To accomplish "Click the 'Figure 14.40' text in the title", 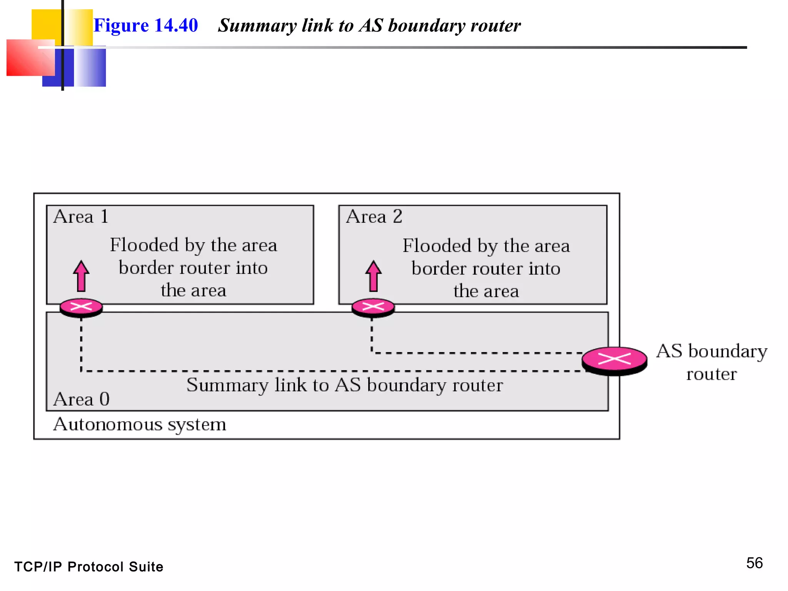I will pyautogui.click(x=145, y=25).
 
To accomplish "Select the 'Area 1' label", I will pyautogui.click(x=81, y=217).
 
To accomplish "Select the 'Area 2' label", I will pyautogui.click(x=374, y=217).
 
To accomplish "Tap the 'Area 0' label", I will pyautogui.click(x=82, y=399).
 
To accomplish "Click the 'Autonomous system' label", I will pyautogui.click(x=140, y=424).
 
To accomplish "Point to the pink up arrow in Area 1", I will pyautogui.click(x=81, y=276).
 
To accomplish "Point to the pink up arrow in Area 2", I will pyautogui.click(x=373, y=276).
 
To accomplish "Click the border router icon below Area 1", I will pyautogui.click(x=81, y=307).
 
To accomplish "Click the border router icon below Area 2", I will pyautogui.click(x=373, y=307).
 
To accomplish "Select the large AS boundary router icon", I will pyautogui.click(x=614, y=360).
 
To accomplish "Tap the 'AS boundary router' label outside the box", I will pyautogui.click(x=711, y=362).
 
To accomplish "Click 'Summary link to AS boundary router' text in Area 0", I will pyautogui.click(x=344, y=385).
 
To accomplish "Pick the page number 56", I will pyautogui.click(x=754, y=563).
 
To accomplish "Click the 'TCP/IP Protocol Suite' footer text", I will pyautogui.click(x=89, y=567).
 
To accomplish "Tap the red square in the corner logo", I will pyautogui.click(x=27, y=58).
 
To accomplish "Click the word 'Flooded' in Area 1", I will pyautogui.click(x=144, y=245).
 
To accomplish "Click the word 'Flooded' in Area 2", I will pyautogui.click(x=437, y=246).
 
